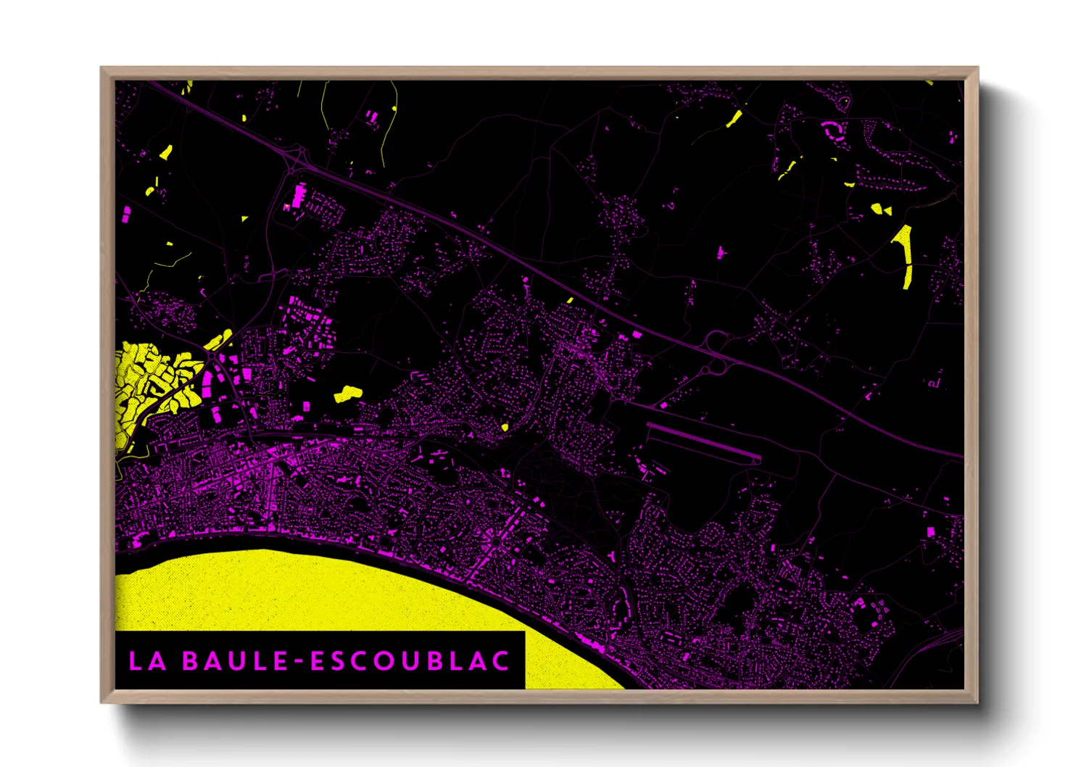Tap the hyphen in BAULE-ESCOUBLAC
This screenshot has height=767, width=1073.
tap(299, 661)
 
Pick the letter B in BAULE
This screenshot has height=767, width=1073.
tap(191, 660)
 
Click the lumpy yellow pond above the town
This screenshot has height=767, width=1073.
tap(348, 394)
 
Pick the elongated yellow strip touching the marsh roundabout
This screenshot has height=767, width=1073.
tap(219, 339)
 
